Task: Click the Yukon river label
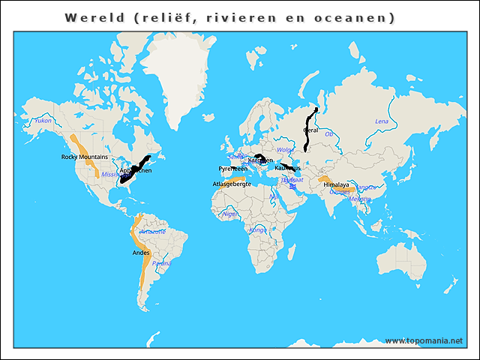pos(43,120)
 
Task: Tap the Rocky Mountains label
pos(84,157)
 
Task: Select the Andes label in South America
pos(140,253)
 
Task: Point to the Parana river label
pos(161,263)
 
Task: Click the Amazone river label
pos(153,232)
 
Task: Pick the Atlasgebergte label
pos(232,183)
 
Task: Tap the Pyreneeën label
pos(232,169)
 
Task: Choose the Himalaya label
pos(336,184)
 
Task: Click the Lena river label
pos(382,121)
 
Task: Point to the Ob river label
pos(328,133)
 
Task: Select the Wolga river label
pos(284,150)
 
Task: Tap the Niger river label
pos(230,214)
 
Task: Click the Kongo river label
pos(257,229)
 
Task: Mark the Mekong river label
pos(359,199)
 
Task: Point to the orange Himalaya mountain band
pos(328,180)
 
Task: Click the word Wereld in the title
pos(94,17)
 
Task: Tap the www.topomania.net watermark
pos(424,340)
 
